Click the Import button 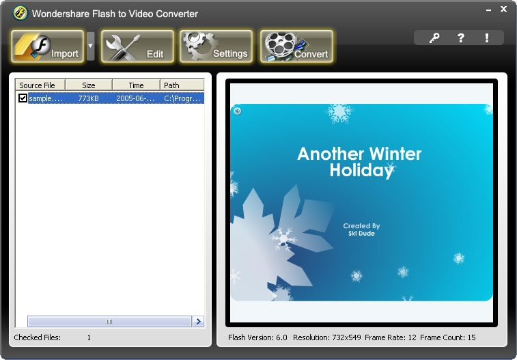click(x=48, y=46)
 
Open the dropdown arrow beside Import click(x=90, y=46)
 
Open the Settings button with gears click(x=216, y=46)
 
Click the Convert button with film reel click(x=296, y=46)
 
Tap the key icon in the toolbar click(x=434, y=38)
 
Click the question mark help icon click(x=460, y=38)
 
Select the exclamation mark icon click(x=487, y=38)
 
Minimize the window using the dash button click(x=488, y=10)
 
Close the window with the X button click(x=503, y=10)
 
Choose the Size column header click(x=89, y=85)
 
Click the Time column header click(x=136, y=85)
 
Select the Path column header click(x=182, y=85)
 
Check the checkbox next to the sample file click(x=23, y=98)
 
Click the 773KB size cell click(x=88, y=98)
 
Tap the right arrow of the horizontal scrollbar click(x=198, y=322)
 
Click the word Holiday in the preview click(x=362, y=171)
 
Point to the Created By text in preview click(x=361, y=226)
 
